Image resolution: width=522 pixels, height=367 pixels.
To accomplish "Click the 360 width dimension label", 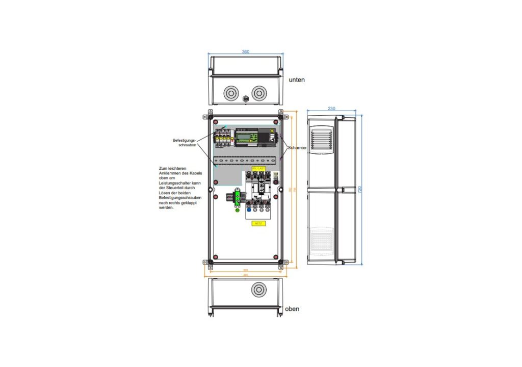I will coord(246,51).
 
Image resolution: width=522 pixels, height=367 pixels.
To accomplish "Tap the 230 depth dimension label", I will coord(331,109).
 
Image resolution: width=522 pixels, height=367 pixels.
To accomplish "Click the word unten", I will coord(297,80).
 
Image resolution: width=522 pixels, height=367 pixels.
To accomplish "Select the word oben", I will coord(293,309).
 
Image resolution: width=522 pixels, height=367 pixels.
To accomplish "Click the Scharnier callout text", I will coord(297,148).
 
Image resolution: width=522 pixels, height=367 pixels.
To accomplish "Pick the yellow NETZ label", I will coord(258,223).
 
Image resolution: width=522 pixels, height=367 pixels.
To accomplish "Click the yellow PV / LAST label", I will coord(258,168).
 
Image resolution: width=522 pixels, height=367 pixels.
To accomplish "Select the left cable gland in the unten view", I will coord(231,93).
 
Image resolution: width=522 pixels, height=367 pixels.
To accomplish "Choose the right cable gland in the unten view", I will coord(259,93).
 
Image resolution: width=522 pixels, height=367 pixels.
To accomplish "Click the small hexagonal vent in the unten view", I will coord(245,98).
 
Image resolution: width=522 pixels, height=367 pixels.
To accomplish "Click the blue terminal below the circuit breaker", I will coord(248,209).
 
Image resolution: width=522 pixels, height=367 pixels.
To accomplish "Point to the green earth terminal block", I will coord(237,200).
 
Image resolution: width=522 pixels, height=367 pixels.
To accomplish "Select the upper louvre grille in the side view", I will coord(321,138).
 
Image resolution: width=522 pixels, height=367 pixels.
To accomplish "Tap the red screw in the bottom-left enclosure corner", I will coord(216,256).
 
